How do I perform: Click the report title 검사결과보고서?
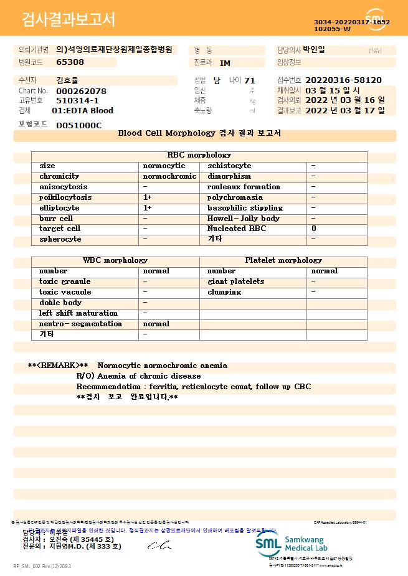[x=69, y=20]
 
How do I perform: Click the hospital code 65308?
[x=70, y=62]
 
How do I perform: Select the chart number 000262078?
[x=81, y=91]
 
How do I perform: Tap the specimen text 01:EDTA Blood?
[x=82, y=111]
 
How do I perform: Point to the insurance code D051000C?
[x=78, y=125]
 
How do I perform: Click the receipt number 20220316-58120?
[x=343, y=80]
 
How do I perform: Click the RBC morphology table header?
[x=199, y=155]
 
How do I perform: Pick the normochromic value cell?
[x=169, y=176]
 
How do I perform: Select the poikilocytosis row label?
[x=65, y=197]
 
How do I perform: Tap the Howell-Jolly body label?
[x=244, y=219]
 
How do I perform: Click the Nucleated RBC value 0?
[x=314, y=229]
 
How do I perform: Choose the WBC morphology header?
[x=115, y=260]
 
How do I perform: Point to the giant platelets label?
[x=235, y=281]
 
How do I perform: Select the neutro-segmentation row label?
[x=80, y=324]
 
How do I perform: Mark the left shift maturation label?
[x=78, y=313]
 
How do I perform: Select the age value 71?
[x=250, y=80]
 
